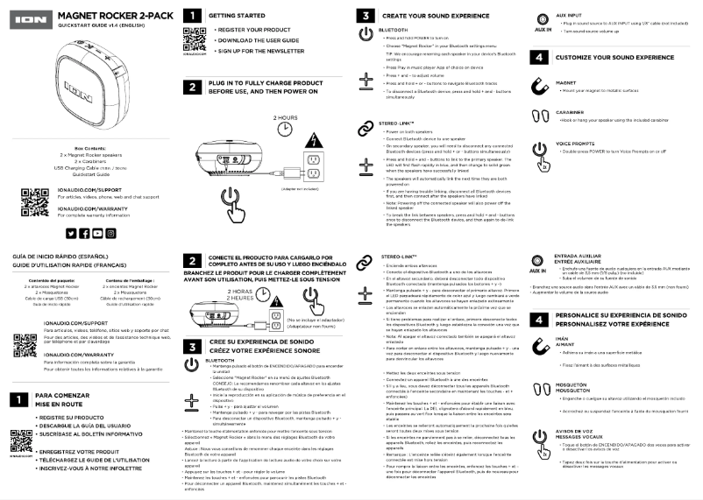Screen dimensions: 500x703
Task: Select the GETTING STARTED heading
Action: click(237, 16)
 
